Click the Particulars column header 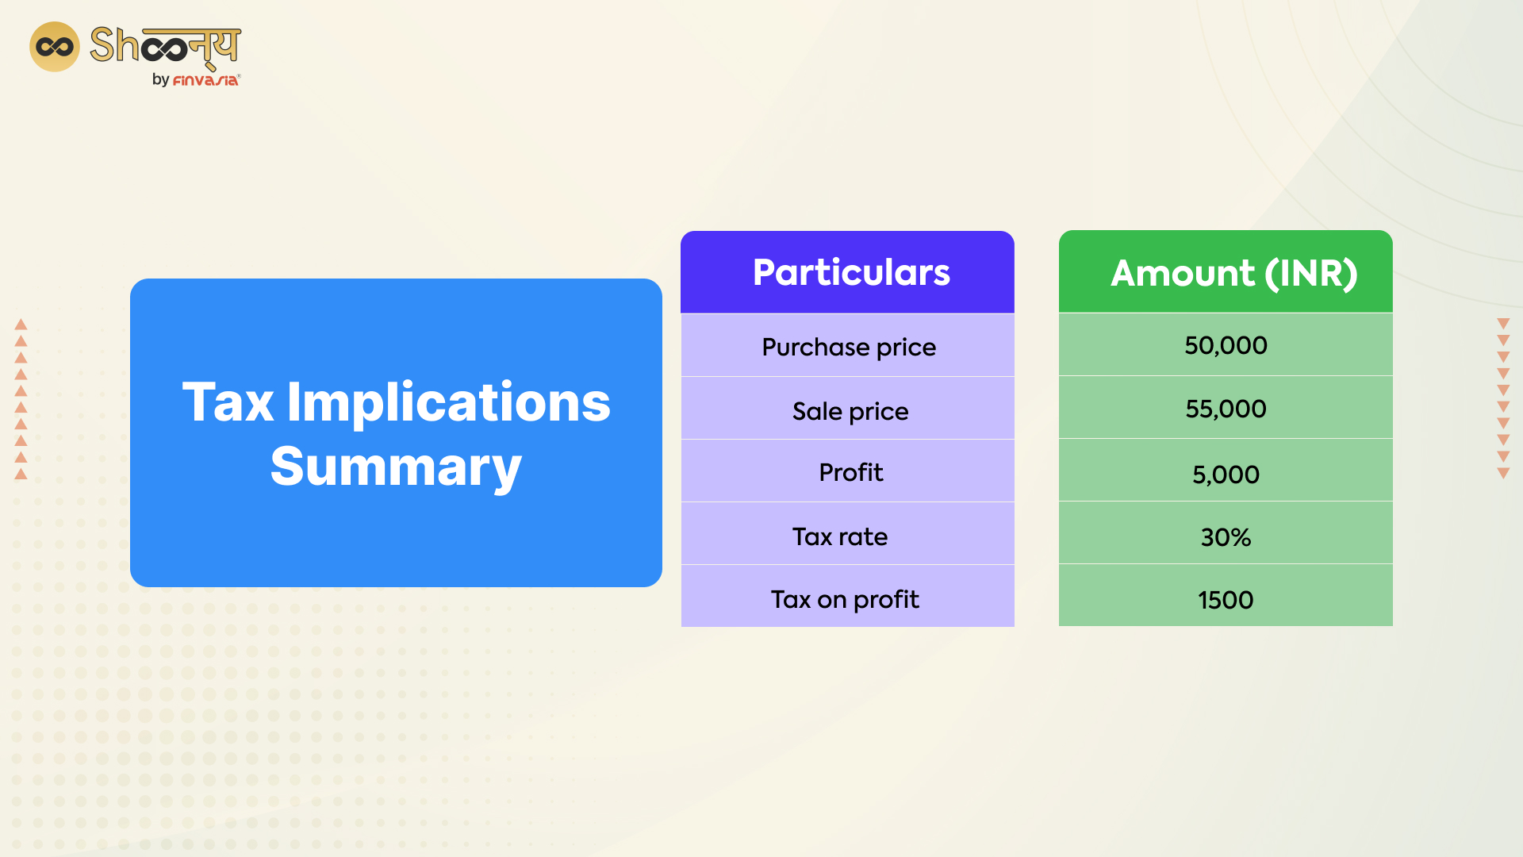[850, 272]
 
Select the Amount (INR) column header [1233, 273]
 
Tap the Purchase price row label [849, 347]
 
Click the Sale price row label [850, 411]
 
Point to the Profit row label [850, 472]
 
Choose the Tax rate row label [839, 536]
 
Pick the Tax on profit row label [845, 599]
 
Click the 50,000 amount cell [1226, 345]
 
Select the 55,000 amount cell [1226, 409]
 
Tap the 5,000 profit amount [1226, 475]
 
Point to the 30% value [1226, 537]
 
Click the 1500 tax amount [1226, 600]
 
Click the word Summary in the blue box [396, 467]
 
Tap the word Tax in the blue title [228, 402]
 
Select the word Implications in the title [448, 402]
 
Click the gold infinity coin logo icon [55, 47]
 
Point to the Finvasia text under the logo [205, 80]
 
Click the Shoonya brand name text [165, 45]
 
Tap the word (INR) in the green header [1310, 273]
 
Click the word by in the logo [160, 80]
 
